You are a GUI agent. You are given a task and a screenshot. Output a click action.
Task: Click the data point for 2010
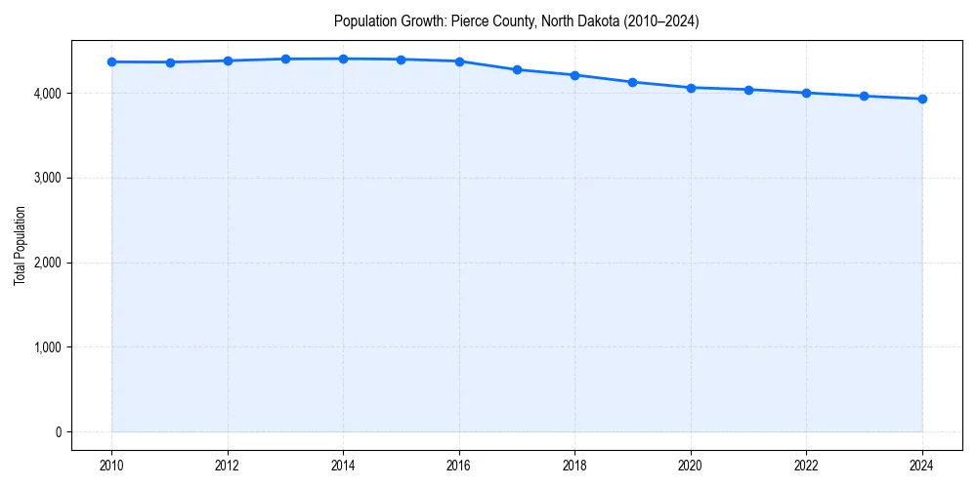tap(112, 61)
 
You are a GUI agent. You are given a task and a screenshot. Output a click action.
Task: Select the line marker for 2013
tap(285, 59)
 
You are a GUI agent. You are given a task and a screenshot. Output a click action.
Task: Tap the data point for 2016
tap(459, 61)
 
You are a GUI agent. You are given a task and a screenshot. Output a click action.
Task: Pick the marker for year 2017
tap(517, 69)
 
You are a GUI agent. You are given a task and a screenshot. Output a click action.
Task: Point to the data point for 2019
tap(633, 82)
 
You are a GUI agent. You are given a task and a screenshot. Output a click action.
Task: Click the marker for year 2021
tap(748, 90)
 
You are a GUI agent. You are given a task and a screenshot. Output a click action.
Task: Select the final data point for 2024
tap(922, 99)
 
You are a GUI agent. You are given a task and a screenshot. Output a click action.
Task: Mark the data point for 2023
tap(865, 96)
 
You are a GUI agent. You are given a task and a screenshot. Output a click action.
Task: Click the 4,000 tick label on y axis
tap(46, 94)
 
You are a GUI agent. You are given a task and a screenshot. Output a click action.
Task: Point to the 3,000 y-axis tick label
tap(46, 178)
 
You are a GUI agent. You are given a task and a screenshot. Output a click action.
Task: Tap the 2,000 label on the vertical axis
tap(46, 263)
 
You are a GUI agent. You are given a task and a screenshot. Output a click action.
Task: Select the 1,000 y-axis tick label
tap(46, 347)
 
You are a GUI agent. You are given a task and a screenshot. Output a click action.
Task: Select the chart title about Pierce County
tap(516, 20)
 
